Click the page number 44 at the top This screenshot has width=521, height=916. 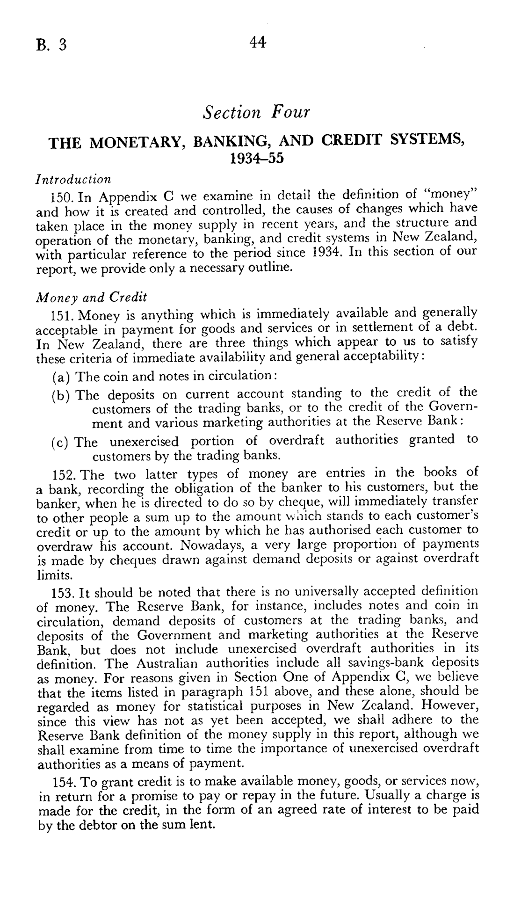258,43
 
